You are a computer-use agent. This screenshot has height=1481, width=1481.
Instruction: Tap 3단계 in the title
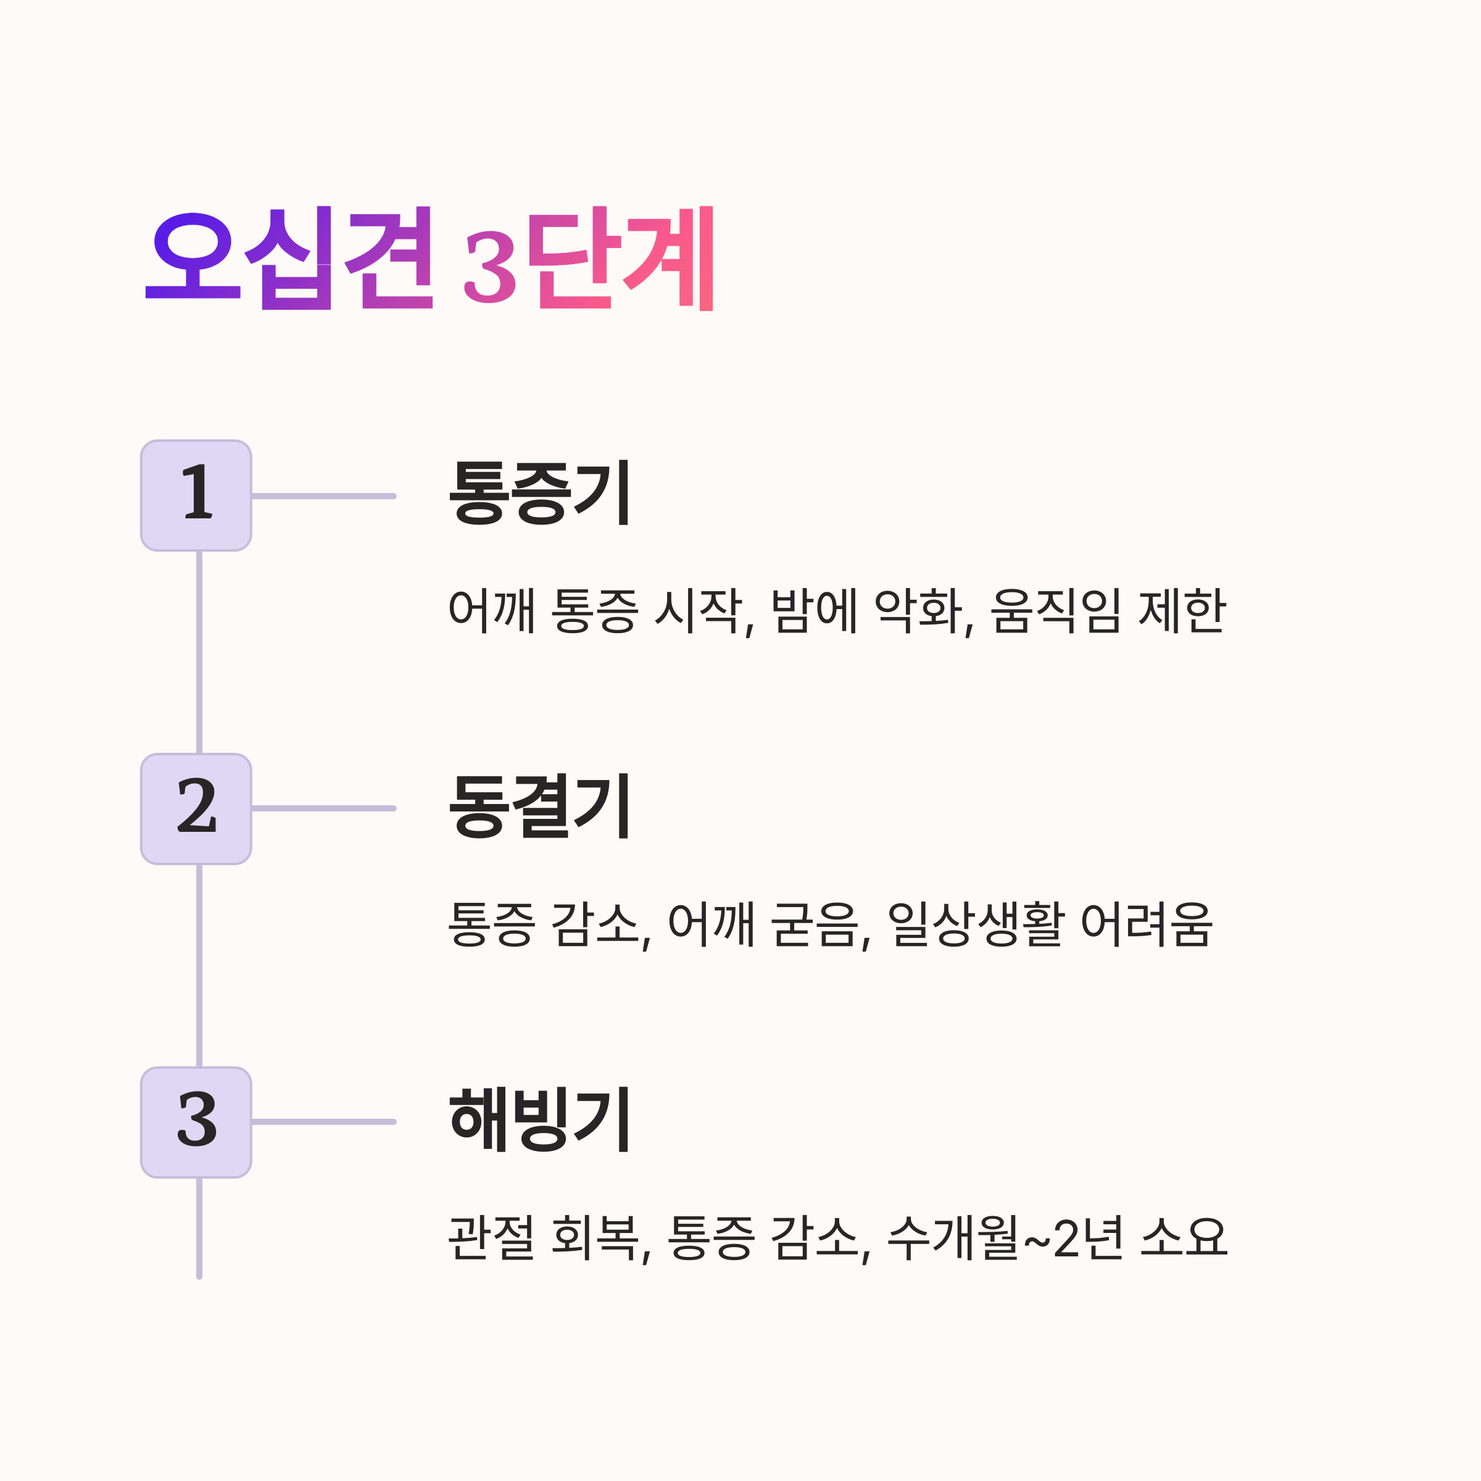pos(589,259)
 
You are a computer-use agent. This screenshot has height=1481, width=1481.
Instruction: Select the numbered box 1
pos(196,495)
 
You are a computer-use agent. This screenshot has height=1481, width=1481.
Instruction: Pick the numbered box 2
pos(196,809)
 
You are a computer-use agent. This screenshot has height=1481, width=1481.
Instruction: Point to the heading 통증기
pos(539,492)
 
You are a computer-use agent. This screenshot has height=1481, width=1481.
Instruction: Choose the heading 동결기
pos(539,806)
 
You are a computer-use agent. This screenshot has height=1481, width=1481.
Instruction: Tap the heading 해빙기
pos(539,1119)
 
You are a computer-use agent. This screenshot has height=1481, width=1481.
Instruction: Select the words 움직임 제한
pos(1108,611)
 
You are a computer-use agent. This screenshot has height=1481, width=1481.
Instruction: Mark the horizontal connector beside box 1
pos(323,496)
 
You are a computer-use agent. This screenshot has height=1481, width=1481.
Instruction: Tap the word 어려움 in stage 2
pos(1146,924)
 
